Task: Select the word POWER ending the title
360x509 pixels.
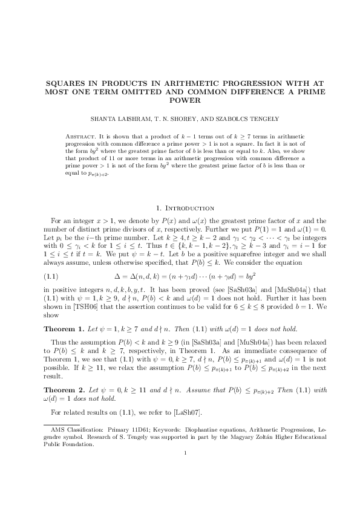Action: (180, 100)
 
